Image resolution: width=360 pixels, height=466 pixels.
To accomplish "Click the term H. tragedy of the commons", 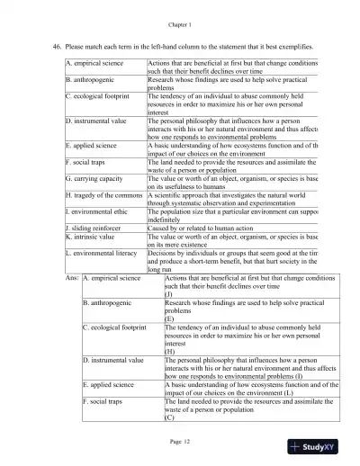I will coord(104,194).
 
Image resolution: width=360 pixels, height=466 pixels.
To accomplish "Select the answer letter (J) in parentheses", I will coord(169,295).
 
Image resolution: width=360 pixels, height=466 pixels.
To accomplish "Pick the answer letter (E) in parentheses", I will coord(169,318).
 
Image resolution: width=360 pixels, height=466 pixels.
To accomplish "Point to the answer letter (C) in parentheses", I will coord(169,418).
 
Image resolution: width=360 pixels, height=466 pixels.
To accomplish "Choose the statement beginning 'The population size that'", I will coord(231,213).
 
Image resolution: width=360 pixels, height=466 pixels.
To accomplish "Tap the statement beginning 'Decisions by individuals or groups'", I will coord(231,256).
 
